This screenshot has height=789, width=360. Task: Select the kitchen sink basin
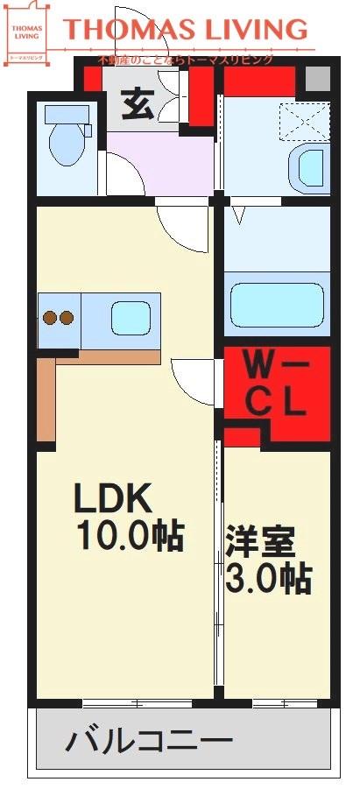(x=131, y=317)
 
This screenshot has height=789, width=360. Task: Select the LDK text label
(x=113, y=499)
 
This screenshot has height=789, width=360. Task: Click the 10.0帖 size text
(x=129, y=535)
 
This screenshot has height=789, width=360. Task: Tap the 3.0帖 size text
(x=270, y=577)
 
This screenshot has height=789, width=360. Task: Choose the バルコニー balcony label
(x=150, y=743)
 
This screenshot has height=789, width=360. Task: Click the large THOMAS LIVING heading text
(x=187, y=30)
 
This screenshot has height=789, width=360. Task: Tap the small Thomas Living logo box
(x=26, y=35)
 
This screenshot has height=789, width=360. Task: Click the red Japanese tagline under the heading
(x=186, y=60)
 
